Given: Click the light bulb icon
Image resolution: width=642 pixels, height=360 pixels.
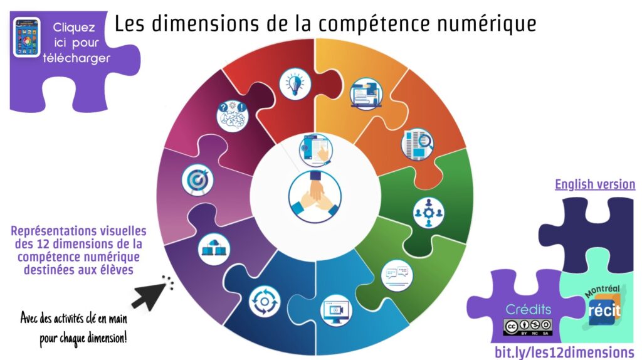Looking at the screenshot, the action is pos(295,83).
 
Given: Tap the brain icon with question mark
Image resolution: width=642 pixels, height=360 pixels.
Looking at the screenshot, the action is pos(232,116).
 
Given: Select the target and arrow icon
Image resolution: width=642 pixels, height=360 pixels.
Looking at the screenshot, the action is pos(197,180).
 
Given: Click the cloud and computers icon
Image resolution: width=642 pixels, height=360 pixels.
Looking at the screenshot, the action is pos(214,249).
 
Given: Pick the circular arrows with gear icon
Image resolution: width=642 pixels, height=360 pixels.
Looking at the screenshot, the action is pos(265,302).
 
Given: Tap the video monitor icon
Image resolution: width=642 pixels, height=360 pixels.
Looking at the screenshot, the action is pos(336,310).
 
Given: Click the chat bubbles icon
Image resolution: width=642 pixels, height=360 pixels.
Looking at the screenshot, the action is pos(397,275).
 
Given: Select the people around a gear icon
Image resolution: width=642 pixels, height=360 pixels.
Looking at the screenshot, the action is pos(428,213).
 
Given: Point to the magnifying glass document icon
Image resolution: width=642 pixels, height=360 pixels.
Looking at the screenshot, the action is pos(417,144).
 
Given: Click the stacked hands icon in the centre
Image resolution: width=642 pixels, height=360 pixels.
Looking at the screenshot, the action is pos(315,197).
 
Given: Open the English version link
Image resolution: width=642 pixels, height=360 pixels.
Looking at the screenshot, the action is pos(595,184).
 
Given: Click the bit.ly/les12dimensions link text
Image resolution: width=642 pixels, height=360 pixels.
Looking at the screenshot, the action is pos(564,352).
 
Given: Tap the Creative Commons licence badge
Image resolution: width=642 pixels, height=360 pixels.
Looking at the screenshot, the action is pos(528,327).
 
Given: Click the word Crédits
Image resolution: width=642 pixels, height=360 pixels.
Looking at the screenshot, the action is pos(528,309).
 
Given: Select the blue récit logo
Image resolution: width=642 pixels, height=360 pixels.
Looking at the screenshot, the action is pos(604,310).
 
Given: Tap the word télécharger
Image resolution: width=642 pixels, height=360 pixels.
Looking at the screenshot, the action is pos(76,58).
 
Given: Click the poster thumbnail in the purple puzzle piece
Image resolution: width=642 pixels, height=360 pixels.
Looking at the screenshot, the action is pos(26,37).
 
